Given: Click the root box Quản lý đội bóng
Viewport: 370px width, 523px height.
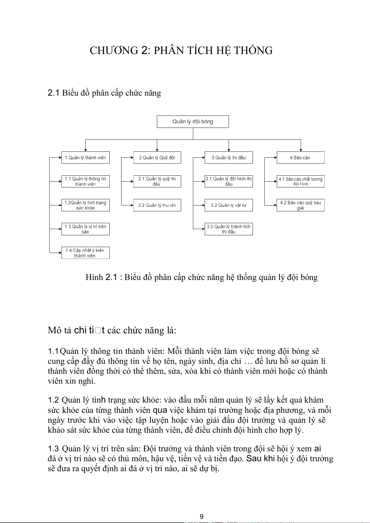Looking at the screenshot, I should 193,122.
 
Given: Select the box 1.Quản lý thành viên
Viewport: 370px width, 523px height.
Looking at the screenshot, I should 85,158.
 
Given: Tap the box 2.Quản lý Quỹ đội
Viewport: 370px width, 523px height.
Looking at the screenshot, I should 157,158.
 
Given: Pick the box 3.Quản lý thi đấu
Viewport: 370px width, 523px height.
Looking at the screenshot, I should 229,158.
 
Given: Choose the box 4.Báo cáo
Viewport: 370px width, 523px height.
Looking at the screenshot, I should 300,158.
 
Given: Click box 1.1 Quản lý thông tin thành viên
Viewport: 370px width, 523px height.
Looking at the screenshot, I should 85,181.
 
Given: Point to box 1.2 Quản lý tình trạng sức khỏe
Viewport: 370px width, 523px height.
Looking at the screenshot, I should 85,205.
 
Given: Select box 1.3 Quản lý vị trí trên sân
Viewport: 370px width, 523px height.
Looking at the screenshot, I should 85,229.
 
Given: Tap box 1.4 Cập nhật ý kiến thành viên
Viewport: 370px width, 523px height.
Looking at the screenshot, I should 85,253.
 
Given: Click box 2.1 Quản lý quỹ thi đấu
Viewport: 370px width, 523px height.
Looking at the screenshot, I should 157,181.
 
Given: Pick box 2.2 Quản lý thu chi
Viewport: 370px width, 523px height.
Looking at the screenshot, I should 157,205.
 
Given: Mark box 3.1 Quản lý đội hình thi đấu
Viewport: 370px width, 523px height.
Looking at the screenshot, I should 229,181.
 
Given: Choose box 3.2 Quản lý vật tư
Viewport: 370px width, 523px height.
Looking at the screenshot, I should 229,205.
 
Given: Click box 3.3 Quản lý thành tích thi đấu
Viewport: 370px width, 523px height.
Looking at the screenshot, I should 229,229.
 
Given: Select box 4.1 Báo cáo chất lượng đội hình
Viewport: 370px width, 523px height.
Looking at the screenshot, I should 300,181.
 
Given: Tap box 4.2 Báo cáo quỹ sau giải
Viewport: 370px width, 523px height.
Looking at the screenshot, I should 300,205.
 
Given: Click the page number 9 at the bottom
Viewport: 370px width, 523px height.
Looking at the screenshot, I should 202,516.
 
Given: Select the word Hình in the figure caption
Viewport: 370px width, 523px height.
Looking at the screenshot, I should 94,277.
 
